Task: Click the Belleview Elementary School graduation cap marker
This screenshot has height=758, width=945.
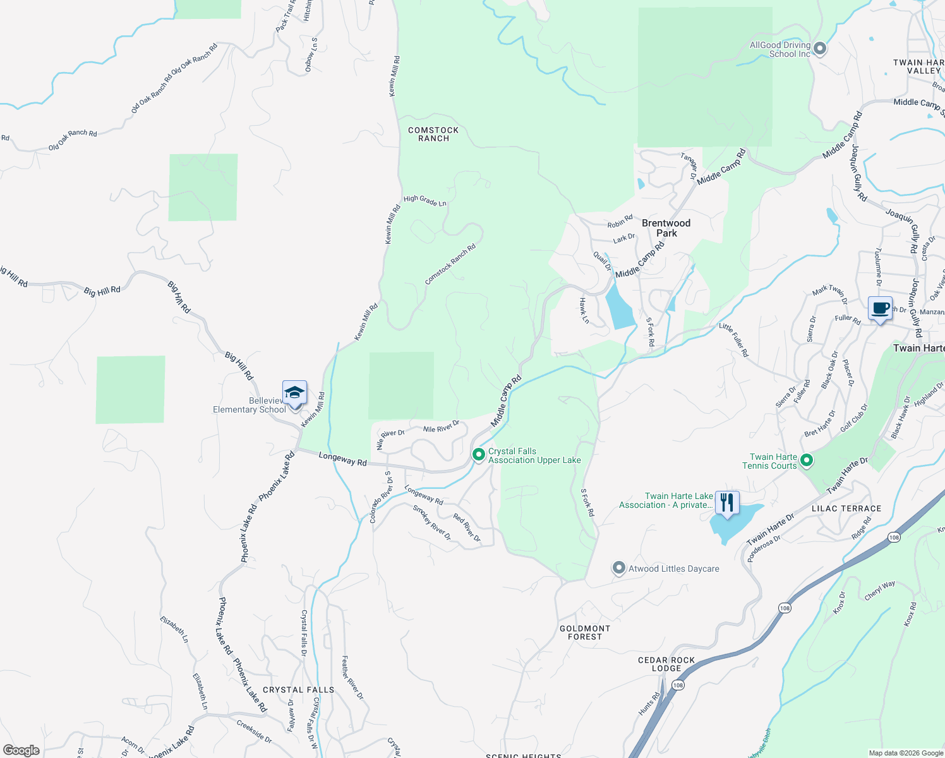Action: click(294, 394)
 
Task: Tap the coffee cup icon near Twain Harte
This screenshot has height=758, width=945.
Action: click(880, 309)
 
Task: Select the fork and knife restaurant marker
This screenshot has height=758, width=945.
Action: click(727, 503)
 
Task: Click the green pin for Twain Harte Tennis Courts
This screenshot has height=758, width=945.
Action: click(806, 460)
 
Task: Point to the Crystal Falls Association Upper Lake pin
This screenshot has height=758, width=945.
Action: click(479, 454)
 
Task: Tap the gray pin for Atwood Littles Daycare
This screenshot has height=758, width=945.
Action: click(619, 568)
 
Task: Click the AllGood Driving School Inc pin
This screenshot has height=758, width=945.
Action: click(820, 48)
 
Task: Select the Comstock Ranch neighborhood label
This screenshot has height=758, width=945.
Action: click(433, 134)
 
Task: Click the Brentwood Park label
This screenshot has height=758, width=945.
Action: click(666, 228)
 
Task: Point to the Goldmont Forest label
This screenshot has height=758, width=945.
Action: click(585, 632)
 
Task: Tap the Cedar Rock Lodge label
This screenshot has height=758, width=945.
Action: click(666, 664)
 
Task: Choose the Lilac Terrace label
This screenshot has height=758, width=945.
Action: click(846, 508)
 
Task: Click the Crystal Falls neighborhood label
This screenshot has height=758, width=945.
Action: click(298, 690)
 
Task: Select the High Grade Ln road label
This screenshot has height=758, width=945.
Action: click(424, 201)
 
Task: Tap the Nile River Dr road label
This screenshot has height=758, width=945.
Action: click(441, 427)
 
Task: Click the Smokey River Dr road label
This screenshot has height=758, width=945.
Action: click(432, 522)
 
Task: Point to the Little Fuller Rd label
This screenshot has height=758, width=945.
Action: click(733, 340)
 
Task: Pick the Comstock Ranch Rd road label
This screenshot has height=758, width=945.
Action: click(450, 264)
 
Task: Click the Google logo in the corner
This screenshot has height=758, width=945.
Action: click(21, 750)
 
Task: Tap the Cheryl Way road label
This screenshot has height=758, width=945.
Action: click(880, 590)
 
